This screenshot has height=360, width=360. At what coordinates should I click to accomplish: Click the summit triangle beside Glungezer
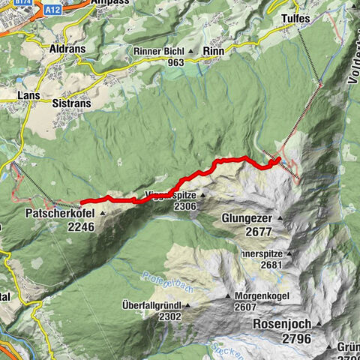[x=280, y=219]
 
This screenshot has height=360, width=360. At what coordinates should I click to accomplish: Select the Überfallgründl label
[x=151, y=306]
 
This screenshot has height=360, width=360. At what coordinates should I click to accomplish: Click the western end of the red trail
[x=81, y=201]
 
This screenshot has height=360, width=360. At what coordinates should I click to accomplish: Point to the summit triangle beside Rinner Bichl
[x=192, y=52]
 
